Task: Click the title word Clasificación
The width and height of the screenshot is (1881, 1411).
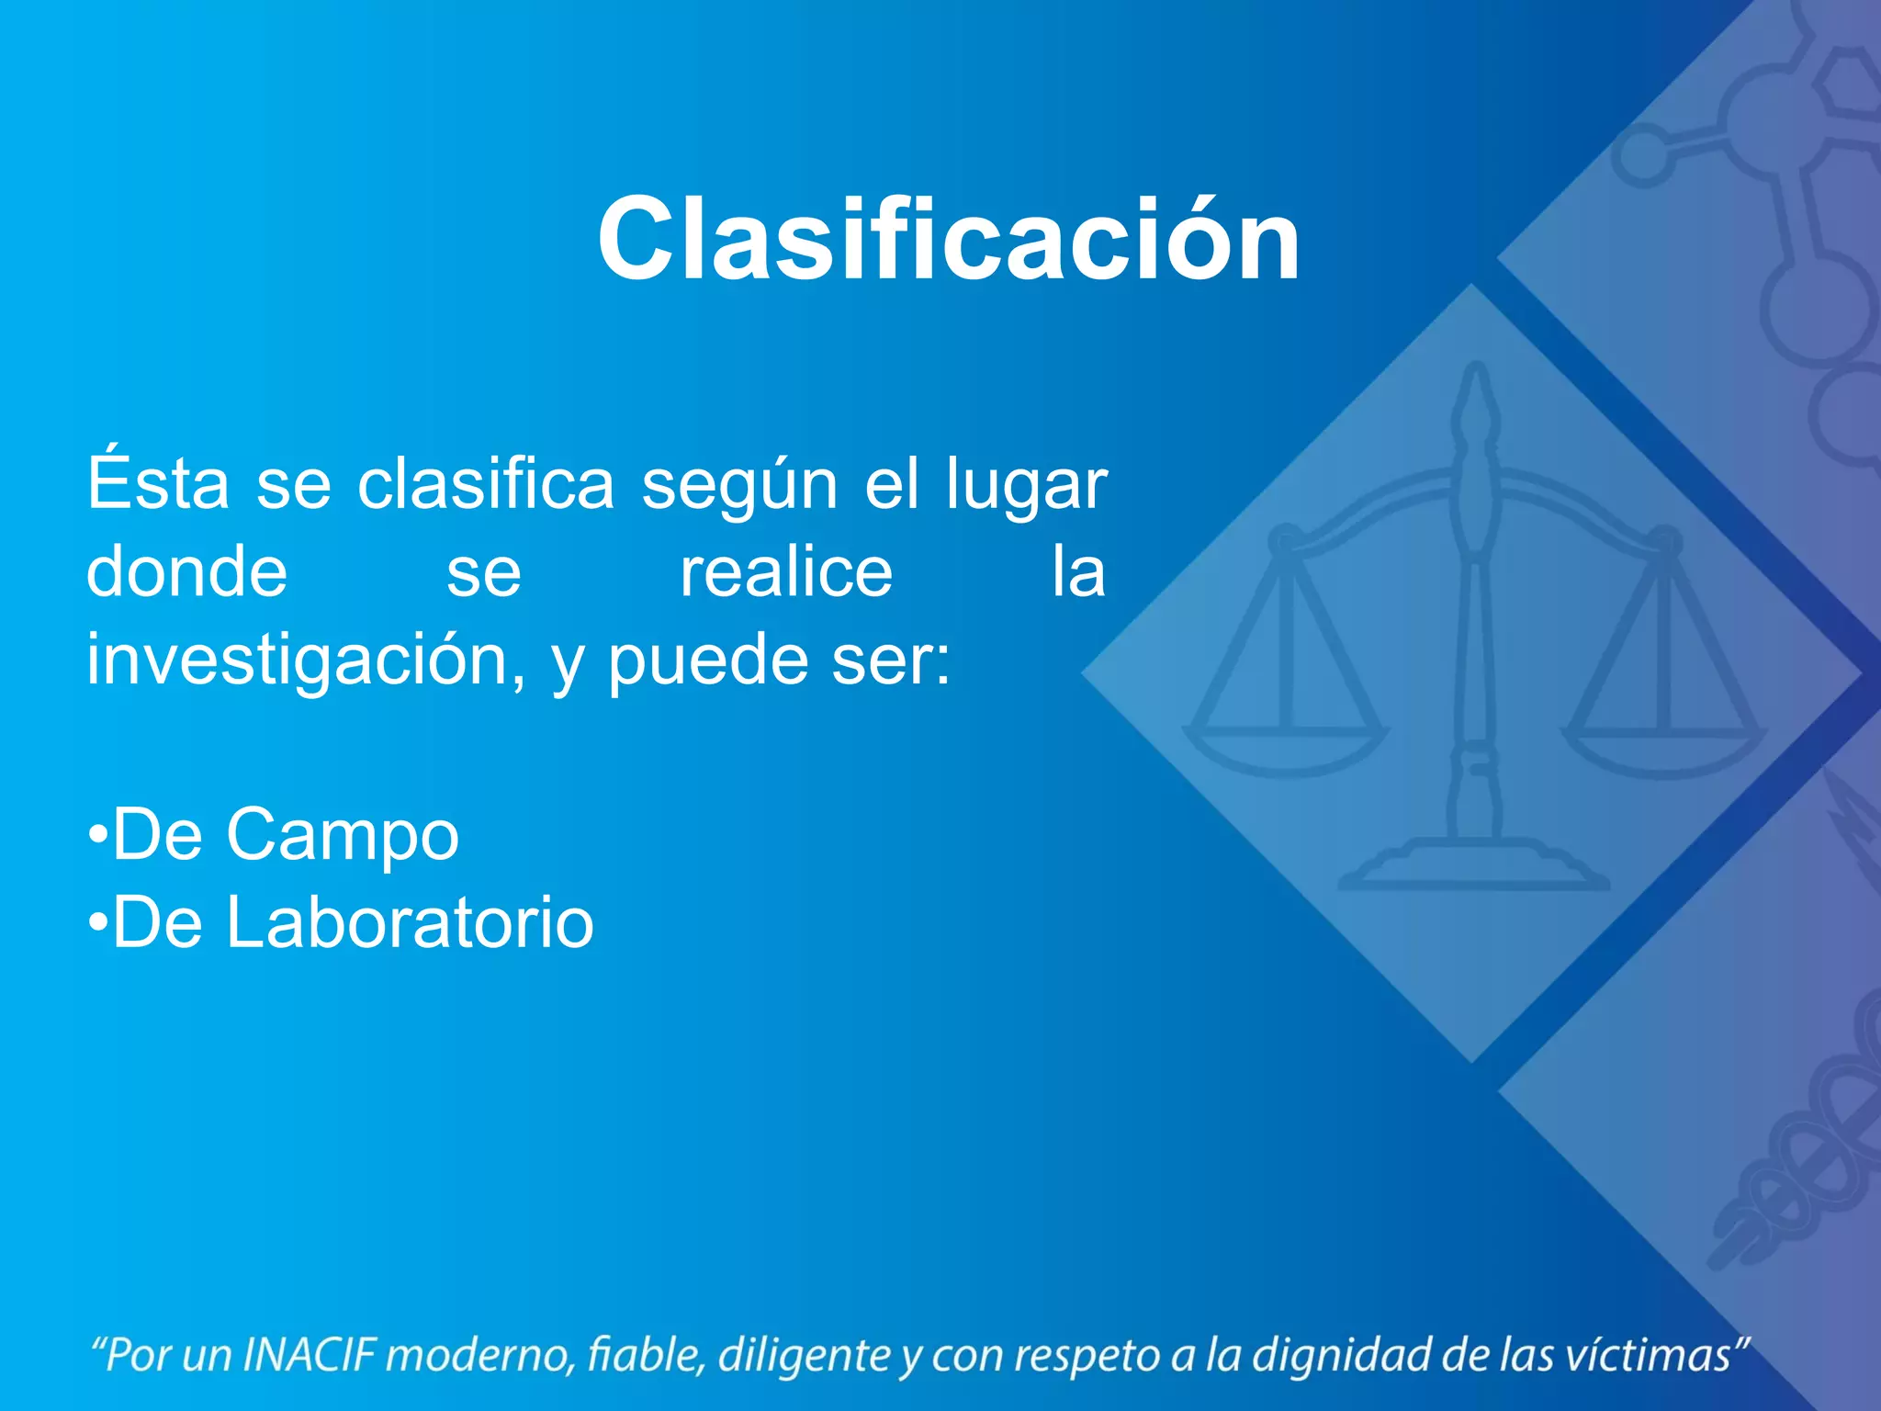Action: (x=948, y=241)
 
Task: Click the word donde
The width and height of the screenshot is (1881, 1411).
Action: (x=186, y=571)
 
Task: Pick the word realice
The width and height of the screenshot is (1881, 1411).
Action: (x=786, y=571)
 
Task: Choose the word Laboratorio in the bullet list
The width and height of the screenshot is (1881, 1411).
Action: (x=410, y=922)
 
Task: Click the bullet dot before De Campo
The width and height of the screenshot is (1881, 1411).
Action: (x=97, y=835)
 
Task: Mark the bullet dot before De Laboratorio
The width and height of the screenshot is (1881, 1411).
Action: (x=97, y=922)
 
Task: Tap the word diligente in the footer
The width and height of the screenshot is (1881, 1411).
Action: (x=804, y=1355)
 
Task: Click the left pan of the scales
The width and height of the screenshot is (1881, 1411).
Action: (x=1285, y=749)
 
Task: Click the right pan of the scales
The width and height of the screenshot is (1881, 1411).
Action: (x=1664, y=749)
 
